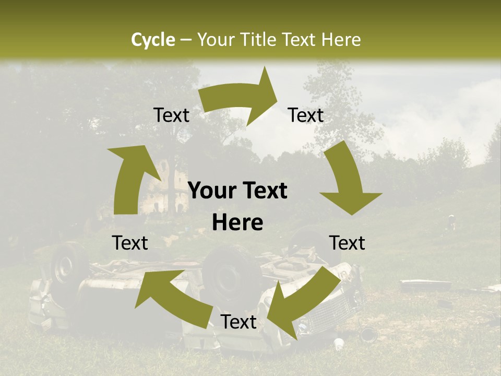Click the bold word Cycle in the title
(x=153, y=40)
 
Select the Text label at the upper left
(x=171, y=115)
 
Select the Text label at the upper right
(x=306, y=115)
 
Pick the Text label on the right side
(x=347, y=243)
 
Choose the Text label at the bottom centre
(x=238, y=322)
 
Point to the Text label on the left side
(x=130, y=243)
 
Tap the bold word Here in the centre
(x=237, y=223)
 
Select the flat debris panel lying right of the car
(x=425, y=285)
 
